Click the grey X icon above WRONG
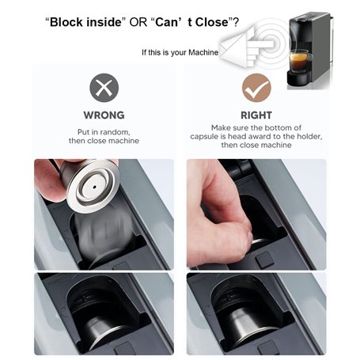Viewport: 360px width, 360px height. (104, 88)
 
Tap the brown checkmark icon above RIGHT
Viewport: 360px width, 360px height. (256, 88)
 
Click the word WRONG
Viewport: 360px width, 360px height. (104, 116)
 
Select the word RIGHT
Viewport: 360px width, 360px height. (256, 116)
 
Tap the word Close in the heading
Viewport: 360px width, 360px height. (212, 22)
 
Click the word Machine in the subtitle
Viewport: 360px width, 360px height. (203, 52)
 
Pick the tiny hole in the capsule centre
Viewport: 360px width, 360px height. (95, 188)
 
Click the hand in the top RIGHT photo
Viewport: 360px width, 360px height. (219, 216)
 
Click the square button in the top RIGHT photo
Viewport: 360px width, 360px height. (263, 260)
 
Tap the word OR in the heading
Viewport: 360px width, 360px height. (138, 22)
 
